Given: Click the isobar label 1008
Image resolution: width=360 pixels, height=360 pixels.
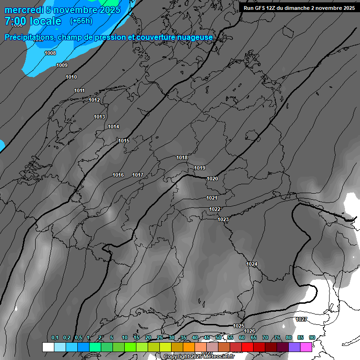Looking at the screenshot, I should tap(50, 53).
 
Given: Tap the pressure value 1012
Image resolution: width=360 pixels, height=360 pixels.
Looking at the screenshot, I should tap(94, 100).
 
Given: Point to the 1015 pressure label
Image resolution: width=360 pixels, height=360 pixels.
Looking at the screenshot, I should tap(124, 141).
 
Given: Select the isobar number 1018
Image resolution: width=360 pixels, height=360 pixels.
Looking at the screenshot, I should tap(182, 157).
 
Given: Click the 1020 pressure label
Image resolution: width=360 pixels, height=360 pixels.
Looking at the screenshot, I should tap(212, 179).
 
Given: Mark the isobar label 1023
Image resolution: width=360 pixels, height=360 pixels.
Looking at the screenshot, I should tap(223, 219).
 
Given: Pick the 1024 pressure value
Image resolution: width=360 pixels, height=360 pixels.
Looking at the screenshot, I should tap(252, 264).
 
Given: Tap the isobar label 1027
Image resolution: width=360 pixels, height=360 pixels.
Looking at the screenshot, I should tap(301, 319).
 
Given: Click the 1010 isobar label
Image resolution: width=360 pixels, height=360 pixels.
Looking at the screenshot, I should tap(71, 77).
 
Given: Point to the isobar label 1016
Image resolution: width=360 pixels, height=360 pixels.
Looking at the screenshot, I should tap(118, 175).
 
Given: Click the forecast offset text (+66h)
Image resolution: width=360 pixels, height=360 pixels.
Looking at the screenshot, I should tap(81, 21).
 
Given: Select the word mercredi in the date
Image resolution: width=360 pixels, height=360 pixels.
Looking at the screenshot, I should tap(22, 10).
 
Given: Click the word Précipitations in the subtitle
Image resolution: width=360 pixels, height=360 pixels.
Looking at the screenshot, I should tap(29, 37).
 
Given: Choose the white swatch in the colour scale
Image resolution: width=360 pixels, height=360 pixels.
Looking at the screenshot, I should tap(48, 347).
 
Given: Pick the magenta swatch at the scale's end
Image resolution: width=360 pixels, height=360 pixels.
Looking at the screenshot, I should tap(306, 347).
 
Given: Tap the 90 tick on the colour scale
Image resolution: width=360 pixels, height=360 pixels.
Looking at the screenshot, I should tap(312, 337).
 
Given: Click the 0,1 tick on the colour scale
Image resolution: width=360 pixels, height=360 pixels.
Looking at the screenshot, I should tap(55, 337).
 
